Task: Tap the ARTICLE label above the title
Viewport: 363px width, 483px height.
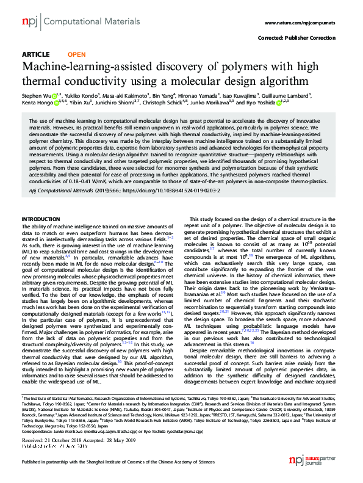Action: [x=36, y=54]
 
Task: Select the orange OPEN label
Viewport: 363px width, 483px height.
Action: [x=77, y=54]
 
